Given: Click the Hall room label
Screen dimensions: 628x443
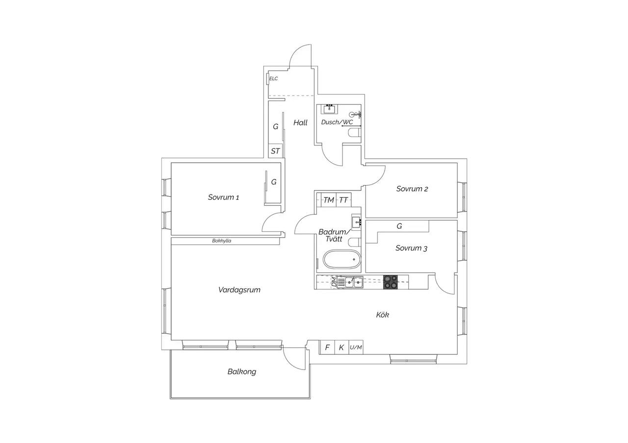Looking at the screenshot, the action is [x=300, y=123].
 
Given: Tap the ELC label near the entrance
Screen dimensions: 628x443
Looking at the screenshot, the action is [x=273, y=79].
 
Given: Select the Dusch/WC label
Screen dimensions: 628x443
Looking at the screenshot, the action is [x=337, y=122].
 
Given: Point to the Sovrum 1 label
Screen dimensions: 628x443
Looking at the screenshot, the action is [x=223, y=197].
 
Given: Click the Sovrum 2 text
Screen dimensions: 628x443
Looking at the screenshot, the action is [x=412, y=189].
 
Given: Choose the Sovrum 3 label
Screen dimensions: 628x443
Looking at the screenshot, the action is [x=411, y=248].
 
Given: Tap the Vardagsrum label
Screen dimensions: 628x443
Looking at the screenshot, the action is [x=239, y=290].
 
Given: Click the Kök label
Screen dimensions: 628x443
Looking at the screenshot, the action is [x=382, y=315].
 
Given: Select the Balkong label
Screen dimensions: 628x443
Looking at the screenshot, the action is [x=242, y=372].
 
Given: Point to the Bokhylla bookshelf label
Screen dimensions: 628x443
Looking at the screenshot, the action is [x=221, y=241].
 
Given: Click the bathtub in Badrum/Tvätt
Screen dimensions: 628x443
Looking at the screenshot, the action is [x=342, y=260].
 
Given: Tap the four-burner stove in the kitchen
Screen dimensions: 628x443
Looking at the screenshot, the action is [x=391, y=282].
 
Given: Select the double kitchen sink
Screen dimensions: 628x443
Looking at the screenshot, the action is [x=354, y=282].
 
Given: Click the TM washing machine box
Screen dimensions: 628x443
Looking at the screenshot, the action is [x=329, y=200].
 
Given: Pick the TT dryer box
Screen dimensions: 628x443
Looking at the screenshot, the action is [x=343, y=200].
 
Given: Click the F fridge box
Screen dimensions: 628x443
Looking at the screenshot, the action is [x=327, y=347].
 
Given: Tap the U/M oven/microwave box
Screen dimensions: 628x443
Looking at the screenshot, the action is [x=356, y=347].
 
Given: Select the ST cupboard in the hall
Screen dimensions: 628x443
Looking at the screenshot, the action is [x=275, y=151].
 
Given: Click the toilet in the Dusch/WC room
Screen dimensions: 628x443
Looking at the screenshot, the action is [x=354, y=133].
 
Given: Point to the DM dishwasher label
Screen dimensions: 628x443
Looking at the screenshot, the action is [x=334, y=282].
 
